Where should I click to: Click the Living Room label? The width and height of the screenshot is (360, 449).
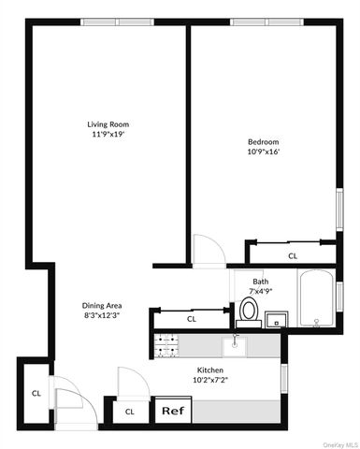point(108,124)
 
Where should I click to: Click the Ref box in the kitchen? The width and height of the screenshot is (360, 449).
point(172,411)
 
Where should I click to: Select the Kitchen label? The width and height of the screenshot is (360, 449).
point(209,370)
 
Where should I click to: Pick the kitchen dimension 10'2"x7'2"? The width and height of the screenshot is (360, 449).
point(209,382)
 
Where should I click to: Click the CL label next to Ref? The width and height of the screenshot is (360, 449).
point(130,411)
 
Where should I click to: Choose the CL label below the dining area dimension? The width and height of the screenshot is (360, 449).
point(192,319)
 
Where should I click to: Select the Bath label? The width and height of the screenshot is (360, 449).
point(261,282)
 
